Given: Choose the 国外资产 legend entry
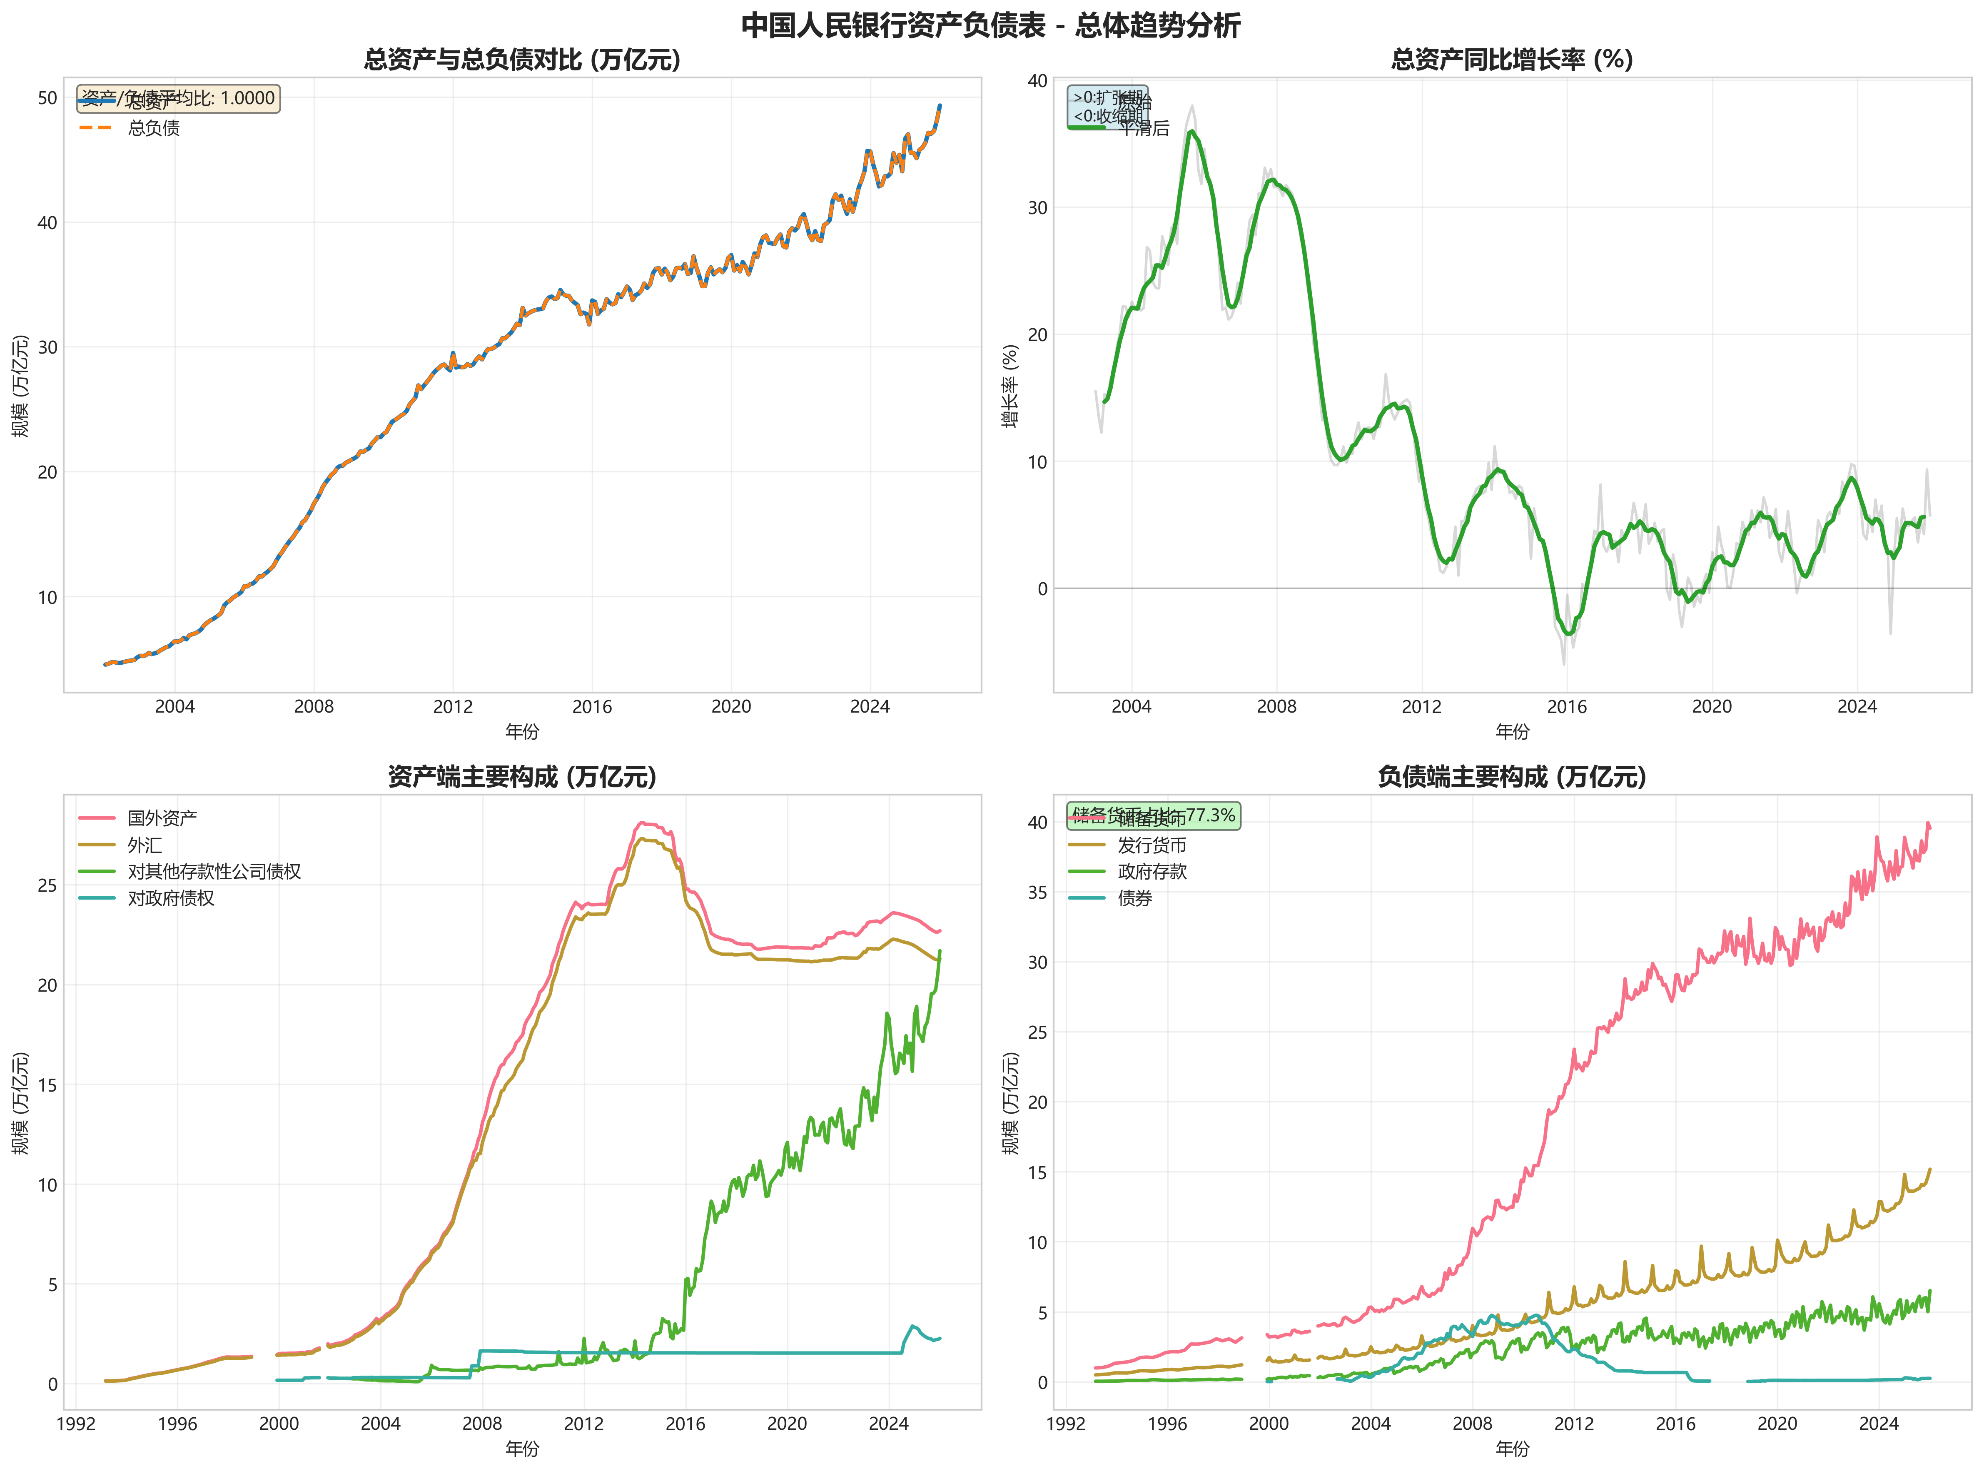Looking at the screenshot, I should point(162,818).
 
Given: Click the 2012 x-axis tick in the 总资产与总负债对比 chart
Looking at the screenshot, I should point(452,707).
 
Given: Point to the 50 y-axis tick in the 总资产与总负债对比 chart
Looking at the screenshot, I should point(47,98).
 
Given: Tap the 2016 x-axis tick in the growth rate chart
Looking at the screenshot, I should point(1566,707).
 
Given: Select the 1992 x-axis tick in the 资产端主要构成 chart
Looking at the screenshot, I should point(77,1424).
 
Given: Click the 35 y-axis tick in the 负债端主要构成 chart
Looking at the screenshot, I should point(1037,892).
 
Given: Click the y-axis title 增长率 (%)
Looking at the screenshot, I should point(1010,386).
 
